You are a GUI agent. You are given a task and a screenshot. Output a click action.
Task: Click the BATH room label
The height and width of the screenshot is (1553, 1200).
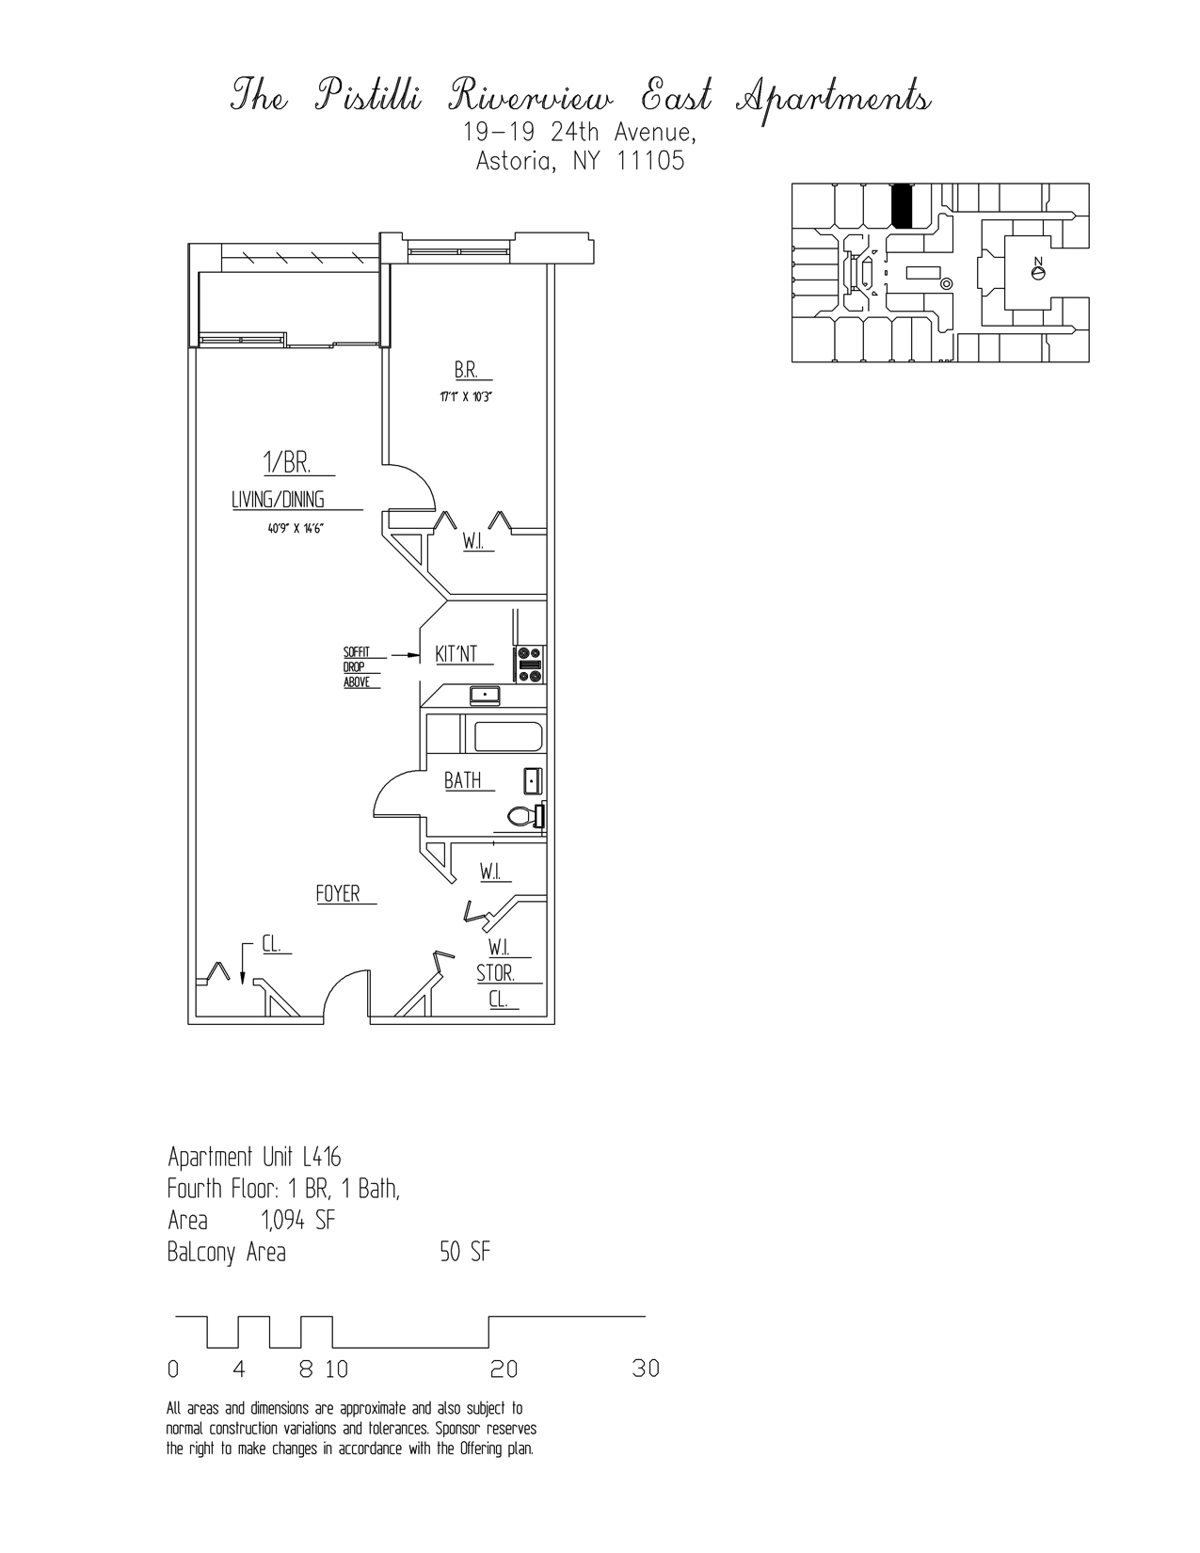point(462,780)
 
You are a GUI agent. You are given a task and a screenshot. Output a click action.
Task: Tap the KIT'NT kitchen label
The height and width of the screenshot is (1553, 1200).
point(456,653)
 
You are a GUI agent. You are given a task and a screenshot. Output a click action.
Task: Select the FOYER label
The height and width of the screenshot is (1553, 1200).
point(338,894)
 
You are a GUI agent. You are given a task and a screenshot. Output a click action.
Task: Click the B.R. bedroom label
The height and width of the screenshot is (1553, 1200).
point(466,370)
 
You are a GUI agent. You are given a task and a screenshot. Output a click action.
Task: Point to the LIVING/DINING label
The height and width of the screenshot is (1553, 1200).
point(278,501)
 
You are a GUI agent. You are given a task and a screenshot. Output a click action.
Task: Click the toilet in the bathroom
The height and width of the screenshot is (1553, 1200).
point(524,816)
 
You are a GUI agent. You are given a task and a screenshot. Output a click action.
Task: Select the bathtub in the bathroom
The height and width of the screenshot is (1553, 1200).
point(508,736)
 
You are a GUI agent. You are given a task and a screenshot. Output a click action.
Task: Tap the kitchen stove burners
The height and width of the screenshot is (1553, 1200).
point(529,663)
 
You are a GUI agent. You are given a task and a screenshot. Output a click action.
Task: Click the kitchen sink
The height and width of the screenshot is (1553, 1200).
point(486,696)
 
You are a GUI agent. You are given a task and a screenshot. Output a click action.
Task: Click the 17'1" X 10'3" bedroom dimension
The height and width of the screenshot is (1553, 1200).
point(466,397)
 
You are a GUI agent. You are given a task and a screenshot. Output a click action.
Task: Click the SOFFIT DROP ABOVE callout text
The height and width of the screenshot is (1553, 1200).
point(357,667)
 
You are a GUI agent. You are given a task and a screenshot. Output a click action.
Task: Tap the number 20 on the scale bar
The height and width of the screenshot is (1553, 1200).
point(504,1369)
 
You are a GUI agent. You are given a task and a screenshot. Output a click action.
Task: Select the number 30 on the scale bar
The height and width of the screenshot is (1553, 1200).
point(646,1369)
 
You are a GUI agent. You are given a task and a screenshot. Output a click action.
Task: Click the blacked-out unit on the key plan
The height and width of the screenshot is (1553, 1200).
point(902,206)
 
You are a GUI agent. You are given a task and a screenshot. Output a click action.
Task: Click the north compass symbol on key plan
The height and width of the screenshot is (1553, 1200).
point(1038,272)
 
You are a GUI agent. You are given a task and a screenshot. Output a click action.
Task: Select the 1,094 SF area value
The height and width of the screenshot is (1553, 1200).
point(297,1221)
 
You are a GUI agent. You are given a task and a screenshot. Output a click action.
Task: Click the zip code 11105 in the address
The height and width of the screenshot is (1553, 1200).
point(649,161)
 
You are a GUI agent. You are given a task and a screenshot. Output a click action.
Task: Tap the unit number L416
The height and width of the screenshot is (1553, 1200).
point(322,1157)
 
